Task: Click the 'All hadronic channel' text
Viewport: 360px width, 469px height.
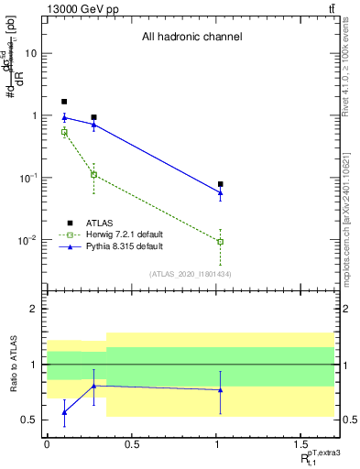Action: (x=191, y=38)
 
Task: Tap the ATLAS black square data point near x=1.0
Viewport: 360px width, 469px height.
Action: (x=221, y=184)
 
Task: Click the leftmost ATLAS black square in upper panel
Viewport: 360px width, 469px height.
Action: (x=64, y=102)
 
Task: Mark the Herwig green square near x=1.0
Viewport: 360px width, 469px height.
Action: (x=221, y=242)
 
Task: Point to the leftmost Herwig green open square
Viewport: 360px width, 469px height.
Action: (x=64, y=133)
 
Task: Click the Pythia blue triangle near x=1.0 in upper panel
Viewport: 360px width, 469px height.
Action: (x=221, y=193)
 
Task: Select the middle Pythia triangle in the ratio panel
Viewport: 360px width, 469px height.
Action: (x=94, y=386)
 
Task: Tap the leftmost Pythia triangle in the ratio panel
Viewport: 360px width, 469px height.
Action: (x=64, y=412)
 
